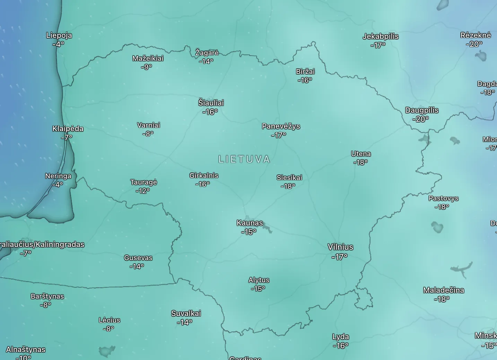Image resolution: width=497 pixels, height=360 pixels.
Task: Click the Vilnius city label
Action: click(340, 247)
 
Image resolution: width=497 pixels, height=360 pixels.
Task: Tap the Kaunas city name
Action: click(250, 223)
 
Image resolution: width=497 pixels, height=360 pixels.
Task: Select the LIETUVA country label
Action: click(244, 159)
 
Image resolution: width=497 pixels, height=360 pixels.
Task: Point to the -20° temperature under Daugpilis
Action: click(420, 119)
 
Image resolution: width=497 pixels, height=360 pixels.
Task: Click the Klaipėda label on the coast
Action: click(68, 129)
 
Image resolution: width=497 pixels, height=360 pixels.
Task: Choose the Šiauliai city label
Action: click(211, 103)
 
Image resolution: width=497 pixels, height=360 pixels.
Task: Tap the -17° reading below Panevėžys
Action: click(279, 135)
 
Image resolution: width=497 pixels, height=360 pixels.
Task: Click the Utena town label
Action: click(361, 154)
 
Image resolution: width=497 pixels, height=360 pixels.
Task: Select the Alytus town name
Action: click(259, 280)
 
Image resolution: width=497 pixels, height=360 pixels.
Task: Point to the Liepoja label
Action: click(59, 35)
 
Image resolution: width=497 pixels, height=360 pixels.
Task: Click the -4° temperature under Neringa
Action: click(58, 185)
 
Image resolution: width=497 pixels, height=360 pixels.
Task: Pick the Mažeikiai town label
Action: click(148, 58)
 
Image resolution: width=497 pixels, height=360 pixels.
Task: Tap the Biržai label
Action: click(305, 71)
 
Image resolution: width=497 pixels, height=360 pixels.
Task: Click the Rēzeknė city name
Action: click(476, 35)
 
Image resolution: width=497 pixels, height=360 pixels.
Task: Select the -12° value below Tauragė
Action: click(143, 191)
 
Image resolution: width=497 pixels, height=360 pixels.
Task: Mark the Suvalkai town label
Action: click(186, 314)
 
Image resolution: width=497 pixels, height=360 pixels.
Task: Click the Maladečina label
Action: click(444, 290)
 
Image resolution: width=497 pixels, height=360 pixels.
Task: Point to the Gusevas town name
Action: click(138, 258)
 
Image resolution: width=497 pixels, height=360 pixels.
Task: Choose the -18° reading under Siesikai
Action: click(288, 186)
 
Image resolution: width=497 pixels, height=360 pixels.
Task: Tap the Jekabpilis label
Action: click(381, 36)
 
